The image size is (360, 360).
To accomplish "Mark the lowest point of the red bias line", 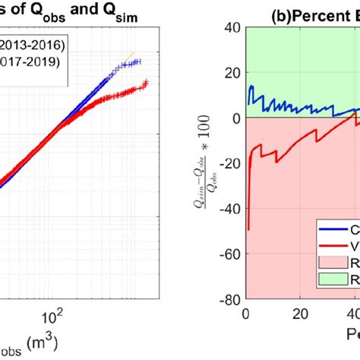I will tap(249, 229).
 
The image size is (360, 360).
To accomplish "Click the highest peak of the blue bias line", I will tap(251, 86).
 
